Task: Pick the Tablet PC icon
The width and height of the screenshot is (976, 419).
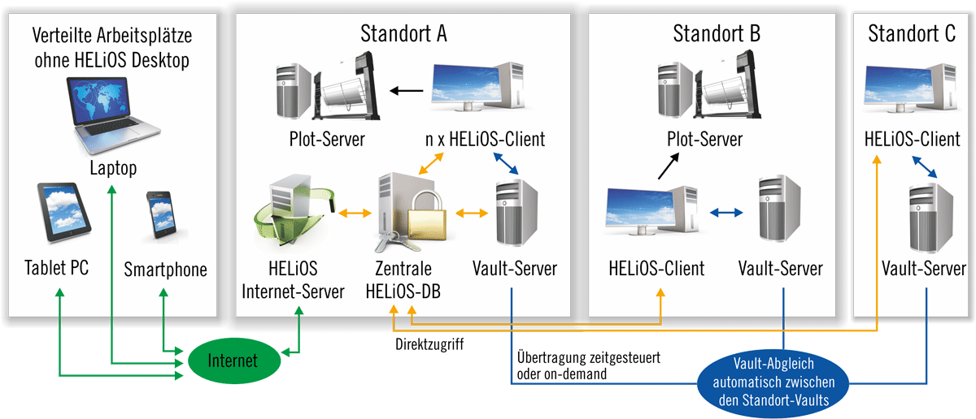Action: click(x=62, y=213)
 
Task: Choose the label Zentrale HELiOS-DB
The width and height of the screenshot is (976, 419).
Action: click(x=404, y=279)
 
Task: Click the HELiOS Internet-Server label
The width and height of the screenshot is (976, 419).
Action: click(x=293, y=279)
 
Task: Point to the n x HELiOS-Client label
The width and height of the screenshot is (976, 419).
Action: click(x=485, y=140)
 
